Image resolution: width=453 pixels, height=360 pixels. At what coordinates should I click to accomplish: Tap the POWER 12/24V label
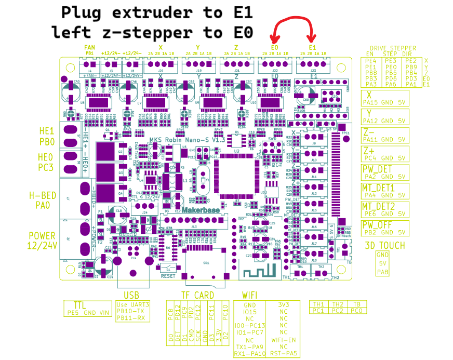[42, 241]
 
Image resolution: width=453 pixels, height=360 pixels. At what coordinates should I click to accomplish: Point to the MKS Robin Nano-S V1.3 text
[180, 140]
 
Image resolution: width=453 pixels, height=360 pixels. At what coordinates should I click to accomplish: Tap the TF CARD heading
[197, 295]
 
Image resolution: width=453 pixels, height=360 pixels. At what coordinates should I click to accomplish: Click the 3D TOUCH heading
[385, 245]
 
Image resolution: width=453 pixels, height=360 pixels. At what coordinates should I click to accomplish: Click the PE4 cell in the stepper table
[371, 61]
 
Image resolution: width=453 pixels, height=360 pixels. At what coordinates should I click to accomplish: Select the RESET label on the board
[168, 276]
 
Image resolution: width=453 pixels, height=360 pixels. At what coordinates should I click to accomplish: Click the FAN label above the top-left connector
[89, 47]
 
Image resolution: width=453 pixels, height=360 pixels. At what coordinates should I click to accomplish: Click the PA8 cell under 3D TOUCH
[382, 272]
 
